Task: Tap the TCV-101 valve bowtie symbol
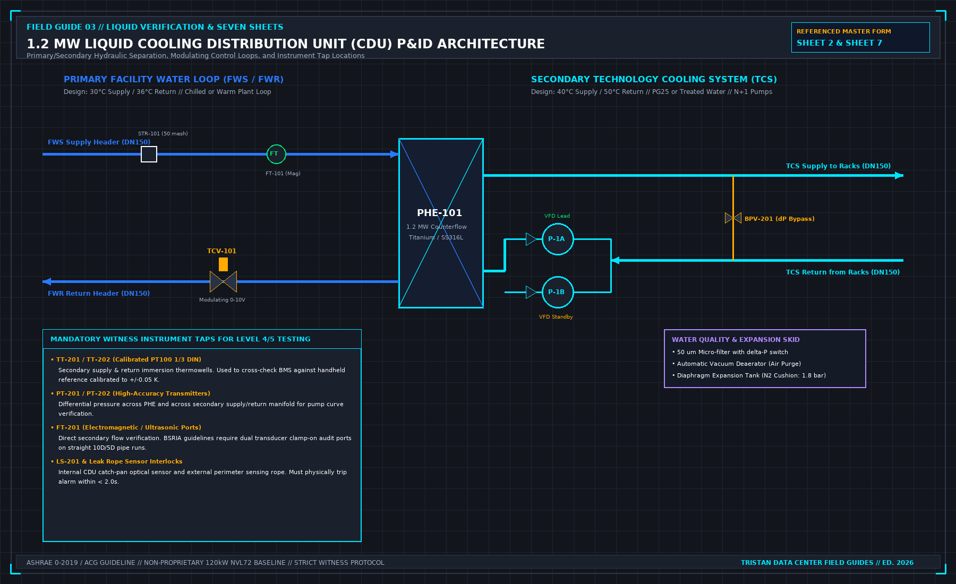tap(223, 281)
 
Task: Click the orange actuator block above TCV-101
tap(223, 264)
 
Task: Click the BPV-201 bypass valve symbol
tap(733, 218)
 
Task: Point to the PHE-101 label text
tap(439, 212)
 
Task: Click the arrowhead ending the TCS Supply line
tap(899, 175)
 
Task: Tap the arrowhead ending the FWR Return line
tap(47, 281)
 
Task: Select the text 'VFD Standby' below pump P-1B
tap(556, 317)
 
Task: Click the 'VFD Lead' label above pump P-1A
tap(557, 216)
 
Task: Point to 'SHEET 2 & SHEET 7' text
tap(839, 43)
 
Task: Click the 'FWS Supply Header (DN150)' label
tap(99, 142)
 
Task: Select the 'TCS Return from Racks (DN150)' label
tap(843, 272)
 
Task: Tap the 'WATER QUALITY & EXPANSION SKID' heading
tap(736, 340)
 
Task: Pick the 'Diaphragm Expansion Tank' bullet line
tap(749, 375)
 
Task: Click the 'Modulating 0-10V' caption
tap(222, 300)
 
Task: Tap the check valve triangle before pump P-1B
tap(531, 292)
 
